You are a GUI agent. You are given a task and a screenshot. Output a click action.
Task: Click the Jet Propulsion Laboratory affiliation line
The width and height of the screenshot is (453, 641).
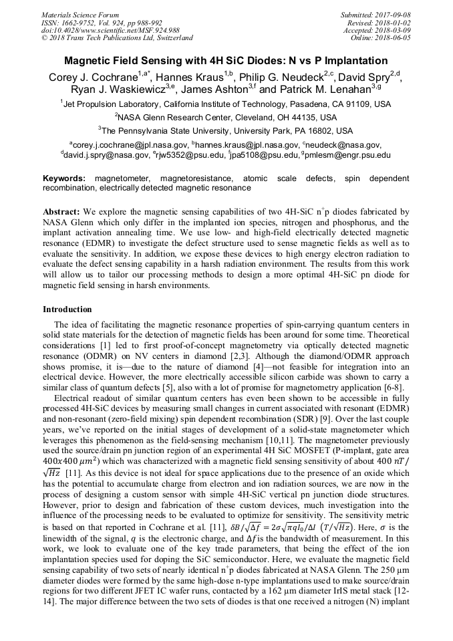[x=226, y=104]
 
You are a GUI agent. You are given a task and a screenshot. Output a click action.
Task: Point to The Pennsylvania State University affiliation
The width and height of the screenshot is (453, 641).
[x=226, y=130]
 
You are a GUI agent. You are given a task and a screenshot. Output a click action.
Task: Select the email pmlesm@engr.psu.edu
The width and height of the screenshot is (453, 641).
[x=348, y=155]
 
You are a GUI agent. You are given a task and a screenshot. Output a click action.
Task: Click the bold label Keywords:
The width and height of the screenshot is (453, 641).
[x=64, y=178]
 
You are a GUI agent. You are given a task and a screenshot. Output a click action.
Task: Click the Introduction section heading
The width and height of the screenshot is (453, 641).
[x=67, y=309]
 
